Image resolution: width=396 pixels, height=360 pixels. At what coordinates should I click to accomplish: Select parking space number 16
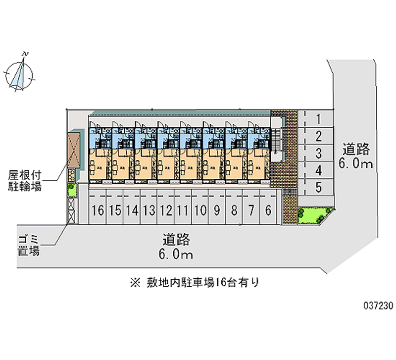(x=98, y=210)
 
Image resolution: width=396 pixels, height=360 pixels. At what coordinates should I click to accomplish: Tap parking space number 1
(x=319, y=119)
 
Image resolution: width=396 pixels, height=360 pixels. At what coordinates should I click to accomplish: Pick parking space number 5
(x=319, y=187)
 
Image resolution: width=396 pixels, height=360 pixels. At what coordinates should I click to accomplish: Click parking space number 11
(x=183, y=210)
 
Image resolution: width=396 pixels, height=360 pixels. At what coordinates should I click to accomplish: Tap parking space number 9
(x=217, y=210)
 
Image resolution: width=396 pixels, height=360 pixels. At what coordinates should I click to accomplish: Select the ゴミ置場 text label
(x=28, y=245)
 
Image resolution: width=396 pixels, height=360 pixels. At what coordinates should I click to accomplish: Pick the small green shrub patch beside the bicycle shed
(x=72, y=189)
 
